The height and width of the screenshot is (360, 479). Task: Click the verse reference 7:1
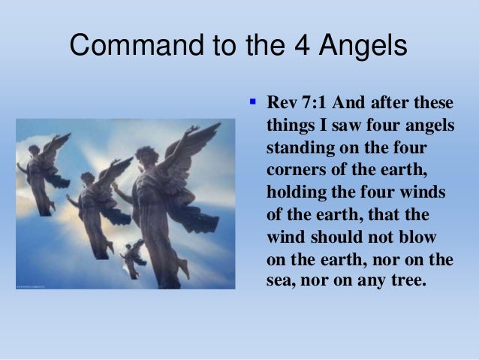click(312, 102)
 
